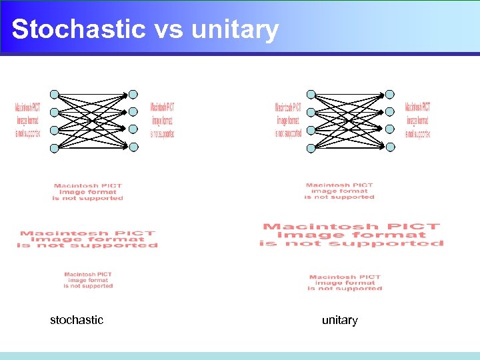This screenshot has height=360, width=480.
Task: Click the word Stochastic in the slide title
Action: click(79, 29)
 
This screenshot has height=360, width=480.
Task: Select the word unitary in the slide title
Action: click(235, 29)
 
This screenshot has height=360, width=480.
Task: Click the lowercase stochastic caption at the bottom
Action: click(77, 320)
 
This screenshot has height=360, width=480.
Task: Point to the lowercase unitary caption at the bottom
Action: click(340, 320)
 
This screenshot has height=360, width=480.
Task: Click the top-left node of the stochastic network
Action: click(55, 94)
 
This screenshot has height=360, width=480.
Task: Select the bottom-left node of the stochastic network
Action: click(55, 149)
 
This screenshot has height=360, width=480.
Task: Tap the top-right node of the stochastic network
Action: click(133, 94)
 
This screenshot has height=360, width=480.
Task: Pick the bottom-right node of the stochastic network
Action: click(133, 147)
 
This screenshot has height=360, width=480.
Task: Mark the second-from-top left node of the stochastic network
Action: click(55, 112)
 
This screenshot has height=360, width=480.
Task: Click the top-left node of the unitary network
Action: click(311, 94)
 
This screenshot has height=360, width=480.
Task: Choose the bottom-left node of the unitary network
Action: click(311, 149)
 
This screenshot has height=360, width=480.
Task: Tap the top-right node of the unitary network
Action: click(390, 94)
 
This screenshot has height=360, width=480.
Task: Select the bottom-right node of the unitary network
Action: click(390, 147)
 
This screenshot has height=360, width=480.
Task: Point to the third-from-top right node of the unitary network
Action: click(390, 129)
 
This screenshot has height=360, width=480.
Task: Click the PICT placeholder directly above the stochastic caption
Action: click(88, 280)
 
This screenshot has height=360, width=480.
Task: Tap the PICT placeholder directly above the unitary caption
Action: click(345, 283)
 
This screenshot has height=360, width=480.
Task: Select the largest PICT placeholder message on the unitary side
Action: click(351, 235)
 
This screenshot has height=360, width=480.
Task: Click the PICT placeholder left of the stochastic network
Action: click(27, 120)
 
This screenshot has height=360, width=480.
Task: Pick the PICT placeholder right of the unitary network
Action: click(418, 120)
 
